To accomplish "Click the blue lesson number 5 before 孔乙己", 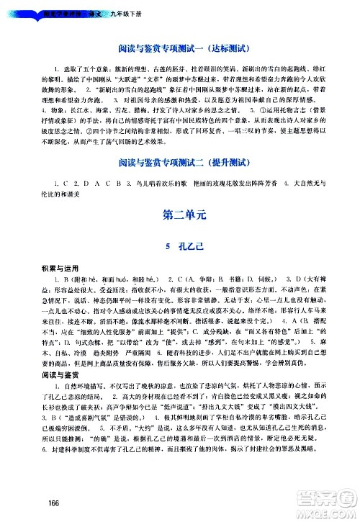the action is coord(167,246).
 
